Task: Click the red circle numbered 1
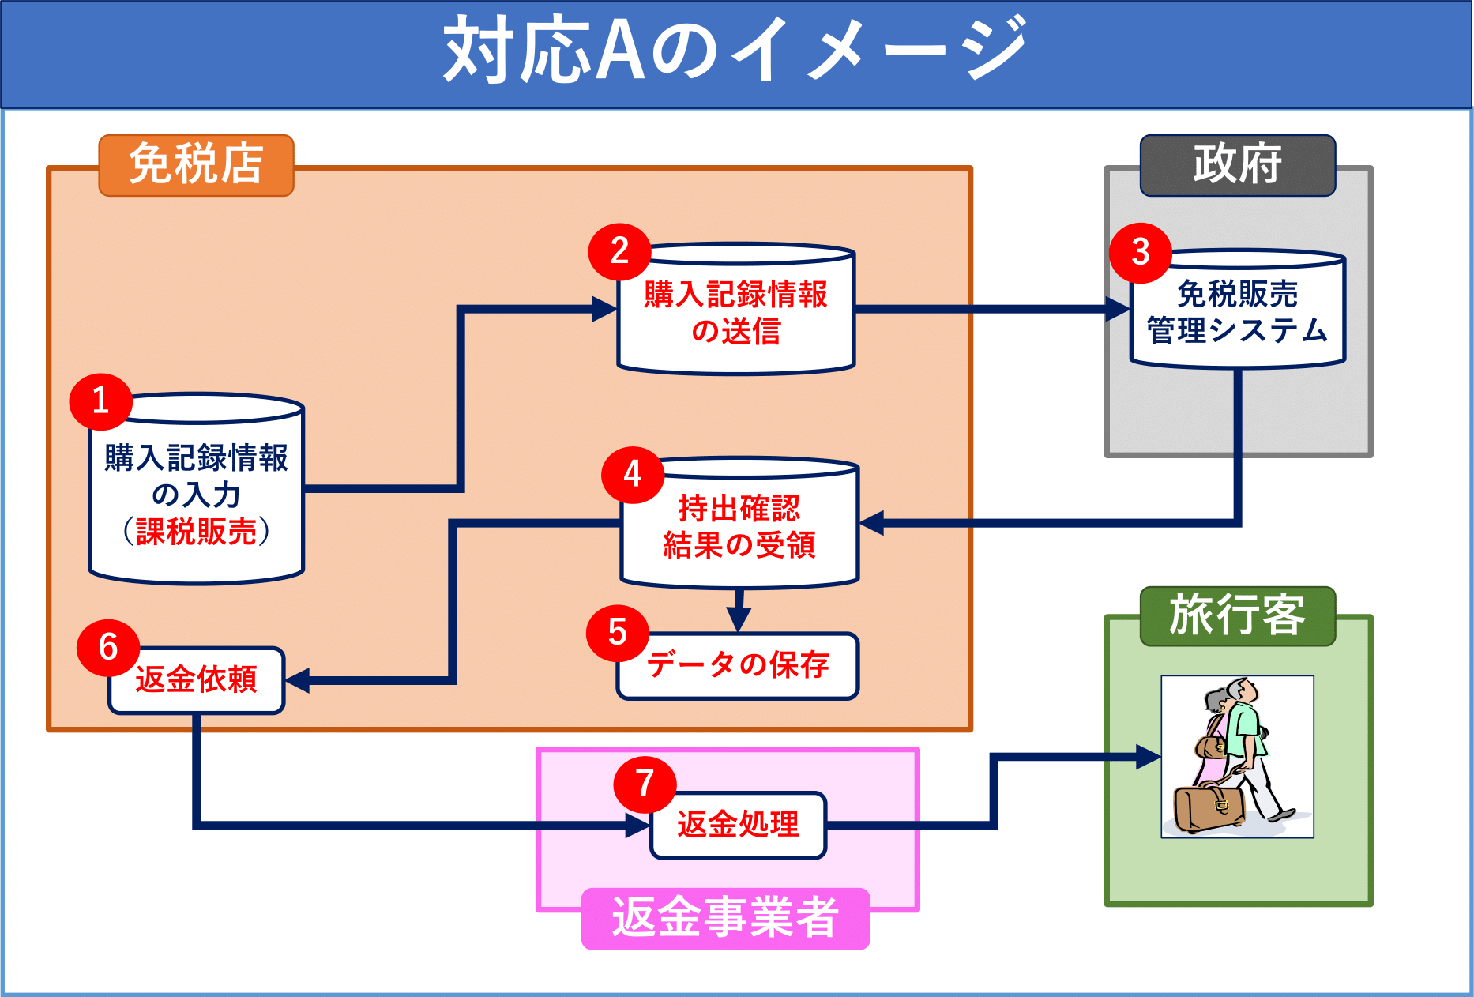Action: [100, 401]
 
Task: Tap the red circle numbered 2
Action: [619, 252]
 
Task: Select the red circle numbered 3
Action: [1140, 253]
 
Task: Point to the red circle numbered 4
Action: [633, 475]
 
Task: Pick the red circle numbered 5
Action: [618, 633]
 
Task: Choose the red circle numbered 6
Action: [108, 648]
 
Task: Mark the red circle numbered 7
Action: [645, 784]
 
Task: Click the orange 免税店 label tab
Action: [196, 165]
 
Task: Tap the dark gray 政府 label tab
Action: [1237, 165]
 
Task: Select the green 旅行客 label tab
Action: [1237, 615]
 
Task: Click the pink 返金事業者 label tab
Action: [725, 919]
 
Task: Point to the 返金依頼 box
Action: [197, 680]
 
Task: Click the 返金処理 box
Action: [739, 826]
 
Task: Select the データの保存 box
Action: [739, 666]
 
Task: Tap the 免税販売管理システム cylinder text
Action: [1238, 313]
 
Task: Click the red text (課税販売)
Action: [197, 532]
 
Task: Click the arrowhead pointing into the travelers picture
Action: [1147, 757]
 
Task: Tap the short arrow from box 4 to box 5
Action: [739, 611]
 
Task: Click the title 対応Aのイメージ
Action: [735, 51]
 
